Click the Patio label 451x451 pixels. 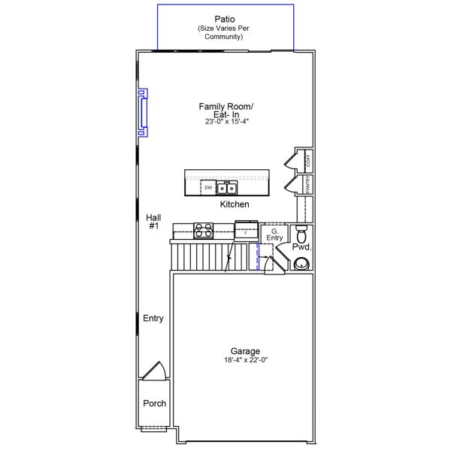tap(225, 20)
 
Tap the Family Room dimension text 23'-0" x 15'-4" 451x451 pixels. tap(227, 121)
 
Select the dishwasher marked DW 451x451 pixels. tap(208, 187)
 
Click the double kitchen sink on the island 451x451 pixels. tap(227, 189)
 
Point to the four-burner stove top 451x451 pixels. tap(204, 231)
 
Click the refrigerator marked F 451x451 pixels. tap(247, 231)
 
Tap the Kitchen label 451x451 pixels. tap(235, 204)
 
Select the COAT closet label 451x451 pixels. tap(308, 161)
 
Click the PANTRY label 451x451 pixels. tap(307, 185)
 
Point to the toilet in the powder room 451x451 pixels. tap(301, 234)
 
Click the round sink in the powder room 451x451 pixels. tap(301, 264)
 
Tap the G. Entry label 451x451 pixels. tap(274, 235)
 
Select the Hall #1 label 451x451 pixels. tap(153, 222)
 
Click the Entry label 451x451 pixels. tap(153, 318)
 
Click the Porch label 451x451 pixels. tap(154, 403)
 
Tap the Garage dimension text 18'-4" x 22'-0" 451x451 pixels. tap(246, 359)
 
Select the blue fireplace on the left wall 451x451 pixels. tap(143, 113)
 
